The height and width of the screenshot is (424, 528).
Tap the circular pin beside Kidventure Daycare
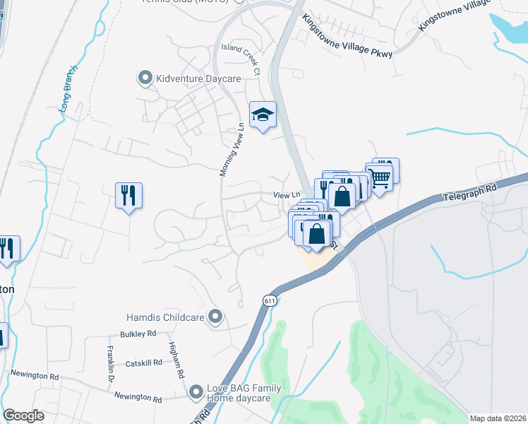[x=146, y=78]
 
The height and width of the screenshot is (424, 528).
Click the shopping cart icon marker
[x=382, y=175]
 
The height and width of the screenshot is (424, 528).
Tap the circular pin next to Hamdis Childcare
[x=216, y=317]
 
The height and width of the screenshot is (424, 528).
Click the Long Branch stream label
[x=68, y=93]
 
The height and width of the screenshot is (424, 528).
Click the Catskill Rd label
[x=143, y=363]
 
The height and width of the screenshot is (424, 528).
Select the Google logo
[x=23, y=416]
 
